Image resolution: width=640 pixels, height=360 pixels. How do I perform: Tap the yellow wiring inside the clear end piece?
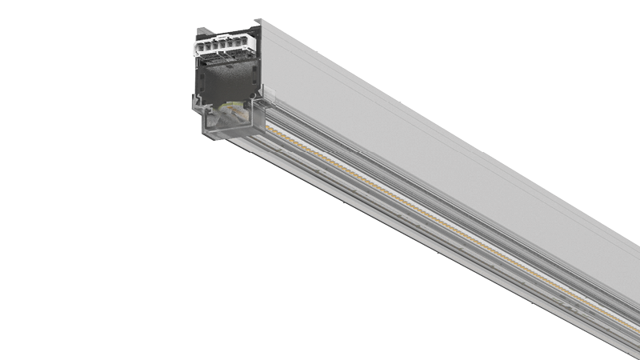click(x=231, y=109)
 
